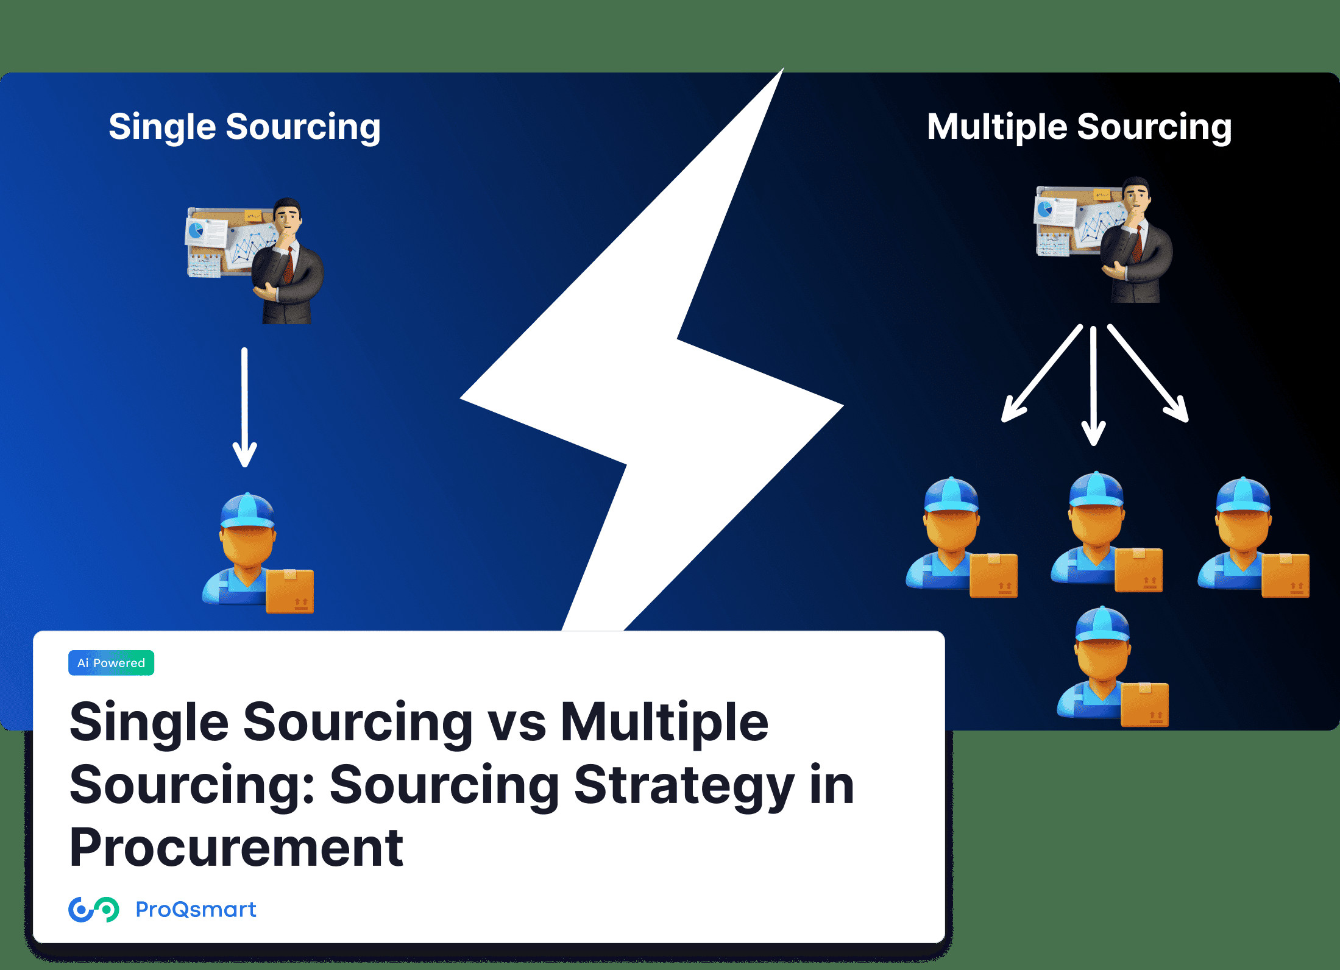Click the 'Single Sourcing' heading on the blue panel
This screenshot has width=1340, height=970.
244,127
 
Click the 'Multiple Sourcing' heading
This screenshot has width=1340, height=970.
1079,127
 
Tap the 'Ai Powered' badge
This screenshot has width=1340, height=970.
111,663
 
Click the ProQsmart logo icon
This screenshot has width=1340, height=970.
93,910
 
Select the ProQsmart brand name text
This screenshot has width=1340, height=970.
196,910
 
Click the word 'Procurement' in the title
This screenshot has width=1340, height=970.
236,848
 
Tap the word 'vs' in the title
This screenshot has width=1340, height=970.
516,723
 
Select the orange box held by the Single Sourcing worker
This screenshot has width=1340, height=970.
290,590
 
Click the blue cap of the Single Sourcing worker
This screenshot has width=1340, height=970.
247,511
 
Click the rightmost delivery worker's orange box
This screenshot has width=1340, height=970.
1285,575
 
